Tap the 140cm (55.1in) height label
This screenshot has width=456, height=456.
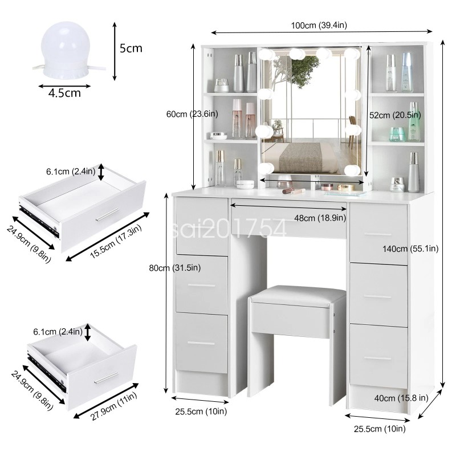coord(410,248)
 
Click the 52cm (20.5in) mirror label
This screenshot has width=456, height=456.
coord(396,115)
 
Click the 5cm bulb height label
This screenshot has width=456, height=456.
coord(131,48)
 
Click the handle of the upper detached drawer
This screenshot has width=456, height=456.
coord(107,215)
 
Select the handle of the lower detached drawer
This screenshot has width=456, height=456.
coord(107,377)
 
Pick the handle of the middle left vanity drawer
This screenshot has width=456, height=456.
coord(201,285)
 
